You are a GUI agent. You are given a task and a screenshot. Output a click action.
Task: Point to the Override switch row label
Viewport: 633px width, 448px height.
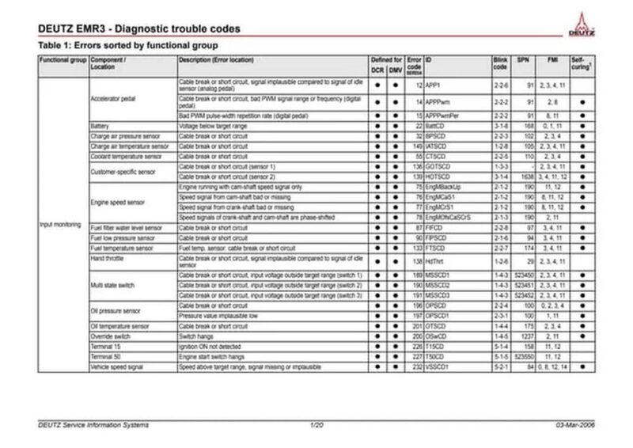click(112, 336)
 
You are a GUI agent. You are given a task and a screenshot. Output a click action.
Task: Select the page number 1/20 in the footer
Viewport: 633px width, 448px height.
click(316, 427)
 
